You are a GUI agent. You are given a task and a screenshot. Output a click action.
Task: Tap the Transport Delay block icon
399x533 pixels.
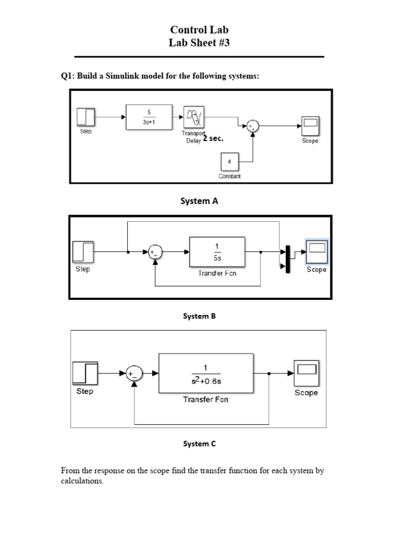tap(194, 117)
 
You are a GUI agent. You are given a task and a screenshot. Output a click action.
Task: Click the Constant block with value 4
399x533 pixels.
tap(230, 162)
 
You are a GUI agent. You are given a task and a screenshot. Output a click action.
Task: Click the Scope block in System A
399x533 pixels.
tap(311, 125)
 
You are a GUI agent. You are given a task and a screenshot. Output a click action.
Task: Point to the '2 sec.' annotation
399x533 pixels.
tap(214, 139)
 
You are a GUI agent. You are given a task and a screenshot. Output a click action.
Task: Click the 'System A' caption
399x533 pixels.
tap(199, 201)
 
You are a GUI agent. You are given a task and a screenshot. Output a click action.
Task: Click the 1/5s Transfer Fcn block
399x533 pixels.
tap(217, 252)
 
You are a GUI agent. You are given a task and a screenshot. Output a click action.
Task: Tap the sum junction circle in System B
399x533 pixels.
tap(154, 252)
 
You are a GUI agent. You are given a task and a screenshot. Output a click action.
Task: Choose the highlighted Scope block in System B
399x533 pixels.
tap(316, 252)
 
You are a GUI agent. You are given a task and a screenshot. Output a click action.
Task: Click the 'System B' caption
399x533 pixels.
tap(199, 315)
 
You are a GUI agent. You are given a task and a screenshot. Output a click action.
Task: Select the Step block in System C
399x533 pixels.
tap(85, 373)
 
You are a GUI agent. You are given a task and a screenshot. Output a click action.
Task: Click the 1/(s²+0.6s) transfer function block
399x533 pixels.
tap(206, 373)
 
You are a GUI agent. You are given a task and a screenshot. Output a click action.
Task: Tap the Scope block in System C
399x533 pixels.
tap(306, 373)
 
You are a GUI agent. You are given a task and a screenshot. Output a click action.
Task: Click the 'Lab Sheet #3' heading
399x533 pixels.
tap(199, 43)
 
